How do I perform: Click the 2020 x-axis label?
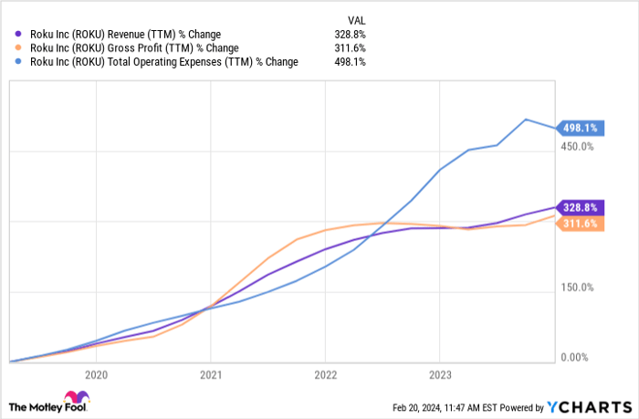pyautogui.click(x=96, y=374)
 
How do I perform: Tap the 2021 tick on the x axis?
pyautogui.click(x=211, y=374)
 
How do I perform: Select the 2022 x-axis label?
pyautogui.click(x=326, y=374)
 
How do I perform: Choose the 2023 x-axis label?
pyautogui.click(x=440, y=374)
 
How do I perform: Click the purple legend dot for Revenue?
pyautogui.click(x=18, y=34)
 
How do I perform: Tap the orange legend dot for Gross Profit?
pyautogui.click(x=18, y=47)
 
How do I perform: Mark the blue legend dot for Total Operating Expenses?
pyautogui.click(x=18, y=62)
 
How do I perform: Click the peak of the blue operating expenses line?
pyautogui.click(x=526, y=119)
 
